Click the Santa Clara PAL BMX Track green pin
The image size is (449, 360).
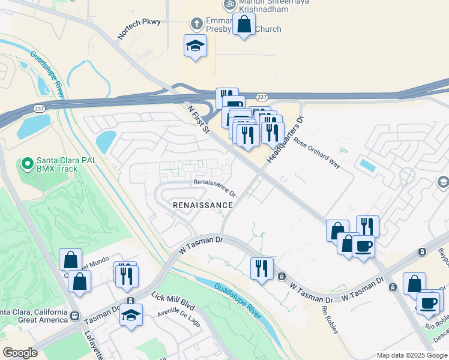27,163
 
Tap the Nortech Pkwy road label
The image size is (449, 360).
139,28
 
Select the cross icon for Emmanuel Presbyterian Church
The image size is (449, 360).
196,24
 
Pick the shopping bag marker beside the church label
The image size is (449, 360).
244,25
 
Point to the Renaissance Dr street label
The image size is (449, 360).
214,188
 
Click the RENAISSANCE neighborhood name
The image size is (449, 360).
202,205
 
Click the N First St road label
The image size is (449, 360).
198,120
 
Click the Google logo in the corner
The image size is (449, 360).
20,353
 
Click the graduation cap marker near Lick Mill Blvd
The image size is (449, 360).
131,314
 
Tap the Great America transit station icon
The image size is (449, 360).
75,316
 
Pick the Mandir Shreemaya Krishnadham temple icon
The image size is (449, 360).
229,5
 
